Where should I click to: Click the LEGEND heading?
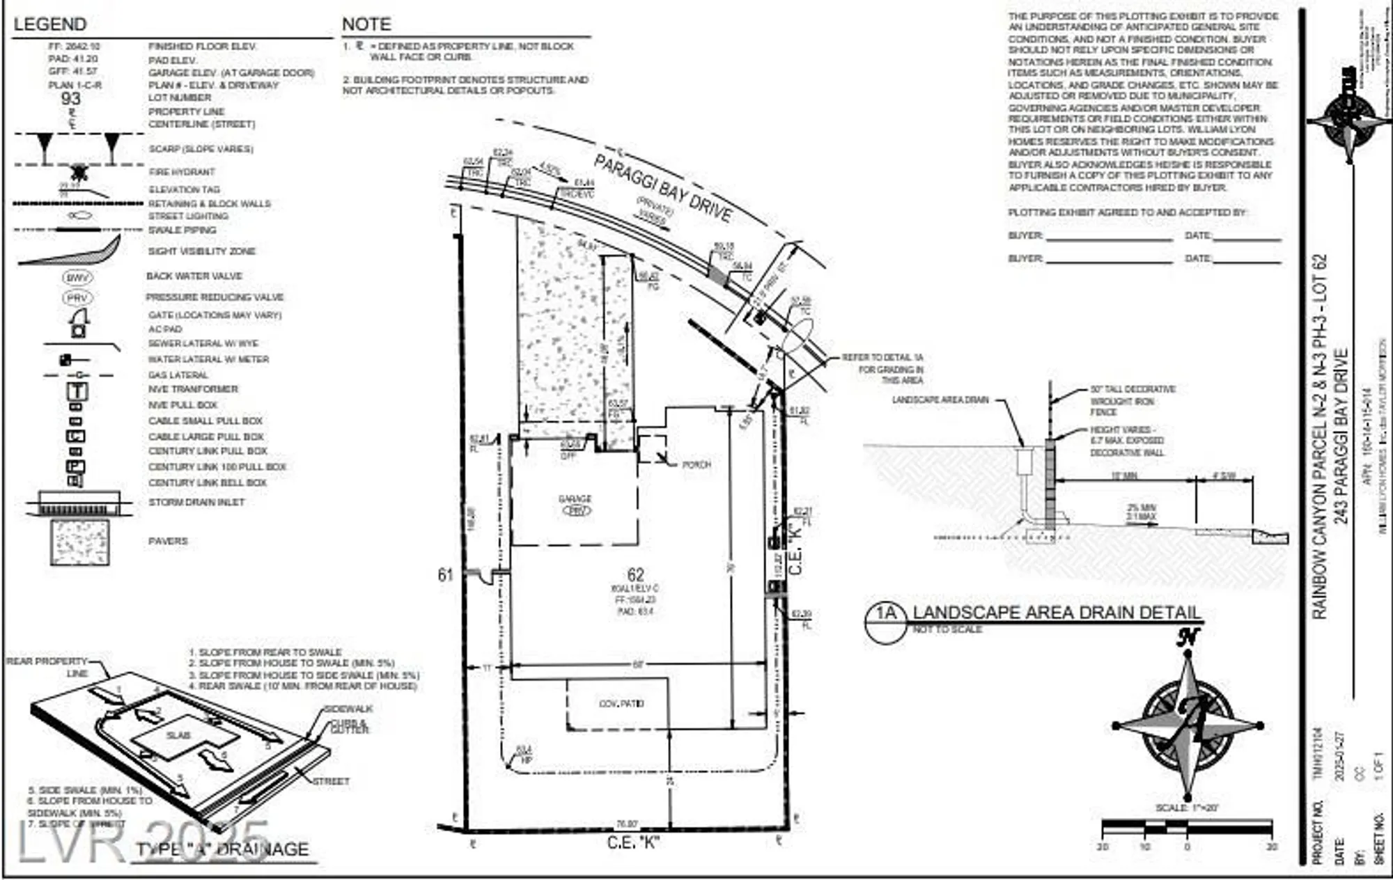pos(49,24)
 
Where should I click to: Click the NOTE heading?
pos(366,24)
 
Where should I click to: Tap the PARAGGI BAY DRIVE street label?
pos(662,188)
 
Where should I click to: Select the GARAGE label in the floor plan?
pos(575,498)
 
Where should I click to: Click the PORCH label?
pos(696,464)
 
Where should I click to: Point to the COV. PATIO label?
pos(621,704)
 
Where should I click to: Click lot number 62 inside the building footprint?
pos(635,574)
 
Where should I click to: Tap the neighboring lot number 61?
pos(446,575)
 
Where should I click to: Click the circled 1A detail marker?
pos(885,614)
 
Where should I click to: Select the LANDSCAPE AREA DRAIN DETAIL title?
pos(1057,613)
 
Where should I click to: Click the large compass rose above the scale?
pos(1188,724)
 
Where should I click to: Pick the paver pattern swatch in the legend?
pos(79,541)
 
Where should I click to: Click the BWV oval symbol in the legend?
pos(77,277)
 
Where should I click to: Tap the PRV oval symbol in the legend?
pos(77,298)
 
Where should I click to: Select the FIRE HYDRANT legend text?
pos(182,172)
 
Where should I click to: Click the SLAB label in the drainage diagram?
pos(178,735)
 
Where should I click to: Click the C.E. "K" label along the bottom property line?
pos(632,843)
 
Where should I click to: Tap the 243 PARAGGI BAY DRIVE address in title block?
pos(1341,435)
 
